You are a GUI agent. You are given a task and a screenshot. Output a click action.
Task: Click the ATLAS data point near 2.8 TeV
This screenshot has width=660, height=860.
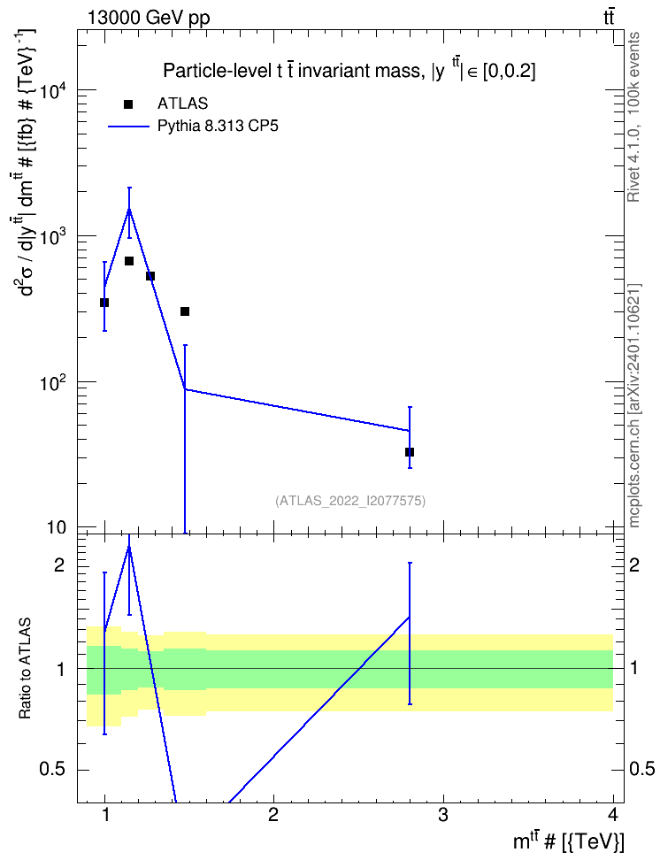410,452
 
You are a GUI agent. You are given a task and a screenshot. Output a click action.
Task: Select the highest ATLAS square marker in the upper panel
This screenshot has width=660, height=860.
129,260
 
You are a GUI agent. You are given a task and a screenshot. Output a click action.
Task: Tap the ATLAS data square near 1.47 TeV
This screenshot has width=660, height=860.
185,311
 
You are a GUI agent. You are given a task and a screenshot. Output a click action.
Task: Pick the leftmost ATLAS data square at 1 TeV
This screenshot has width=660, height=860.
104,303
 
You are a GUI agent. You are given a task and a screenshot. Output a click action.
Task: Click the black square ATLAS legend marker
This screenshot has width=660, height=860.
128,104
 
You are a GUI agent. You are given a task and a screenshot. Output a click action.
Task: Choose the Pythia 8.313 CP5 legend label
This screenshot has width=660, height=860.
218,127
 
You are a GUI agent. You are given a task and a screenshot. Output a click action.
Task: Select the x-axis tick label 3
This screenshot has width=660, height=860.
442,815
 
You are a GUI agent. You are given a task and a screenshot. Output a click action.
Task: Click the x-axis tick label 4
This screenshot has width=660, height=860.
612,815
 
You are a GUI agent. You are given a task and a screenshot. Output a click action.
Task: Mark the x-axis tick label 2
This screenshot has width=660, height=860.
273,815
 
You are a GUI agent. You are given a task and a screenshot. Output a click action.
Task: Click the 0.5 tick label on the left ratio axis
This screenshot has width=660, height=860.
54,770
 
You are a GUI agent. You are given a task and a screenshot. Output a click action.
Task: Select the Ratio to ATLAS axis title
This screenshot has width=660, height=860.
26,669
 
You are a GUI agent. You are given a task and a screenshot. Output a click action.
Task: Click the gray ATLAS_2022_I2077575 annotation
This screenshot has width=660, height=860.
350,501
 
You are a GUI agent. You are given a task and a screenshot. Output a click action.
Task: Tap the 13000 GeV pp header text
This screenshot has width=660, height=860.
148,18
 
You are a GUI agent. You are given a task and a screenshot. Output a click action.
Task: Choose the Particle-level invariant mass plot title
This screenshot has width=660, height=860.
349,70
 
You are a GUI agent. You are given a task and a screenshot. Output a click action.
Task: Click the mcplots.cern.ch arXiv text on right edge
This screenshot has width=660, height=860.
634,406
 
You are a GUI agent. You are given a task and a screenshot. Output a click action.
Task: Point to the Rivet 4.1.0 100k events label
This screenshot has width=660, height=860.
634,117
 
